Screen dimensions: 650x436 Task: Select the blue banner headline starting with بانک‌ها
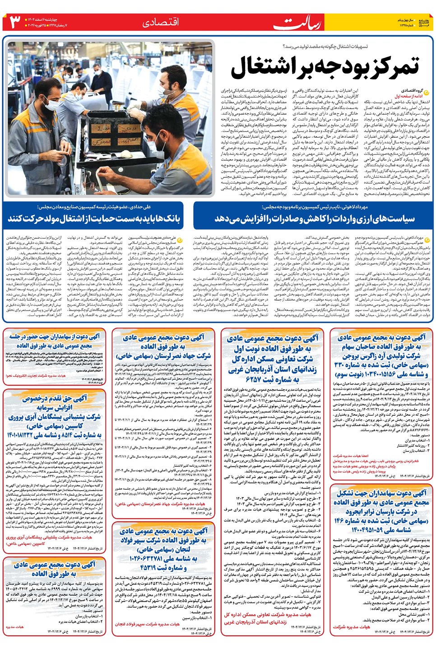[x=94, y=218]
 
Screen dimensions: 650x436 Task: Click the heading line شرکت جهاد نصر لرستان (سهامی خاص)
[x=163, y=356]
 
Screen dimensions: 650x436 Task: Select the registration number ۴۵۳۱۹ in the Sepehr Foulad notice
[x=155, y=567]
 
